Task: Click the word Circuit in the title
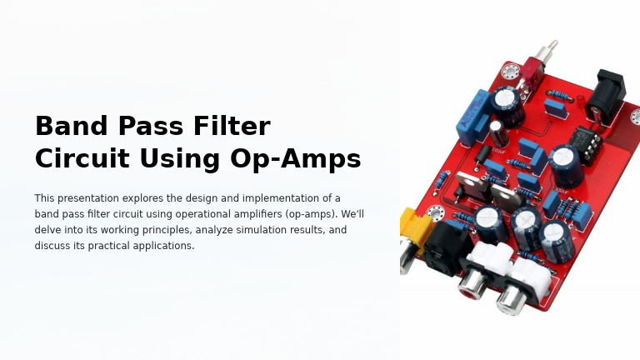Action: click(81, 158)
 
